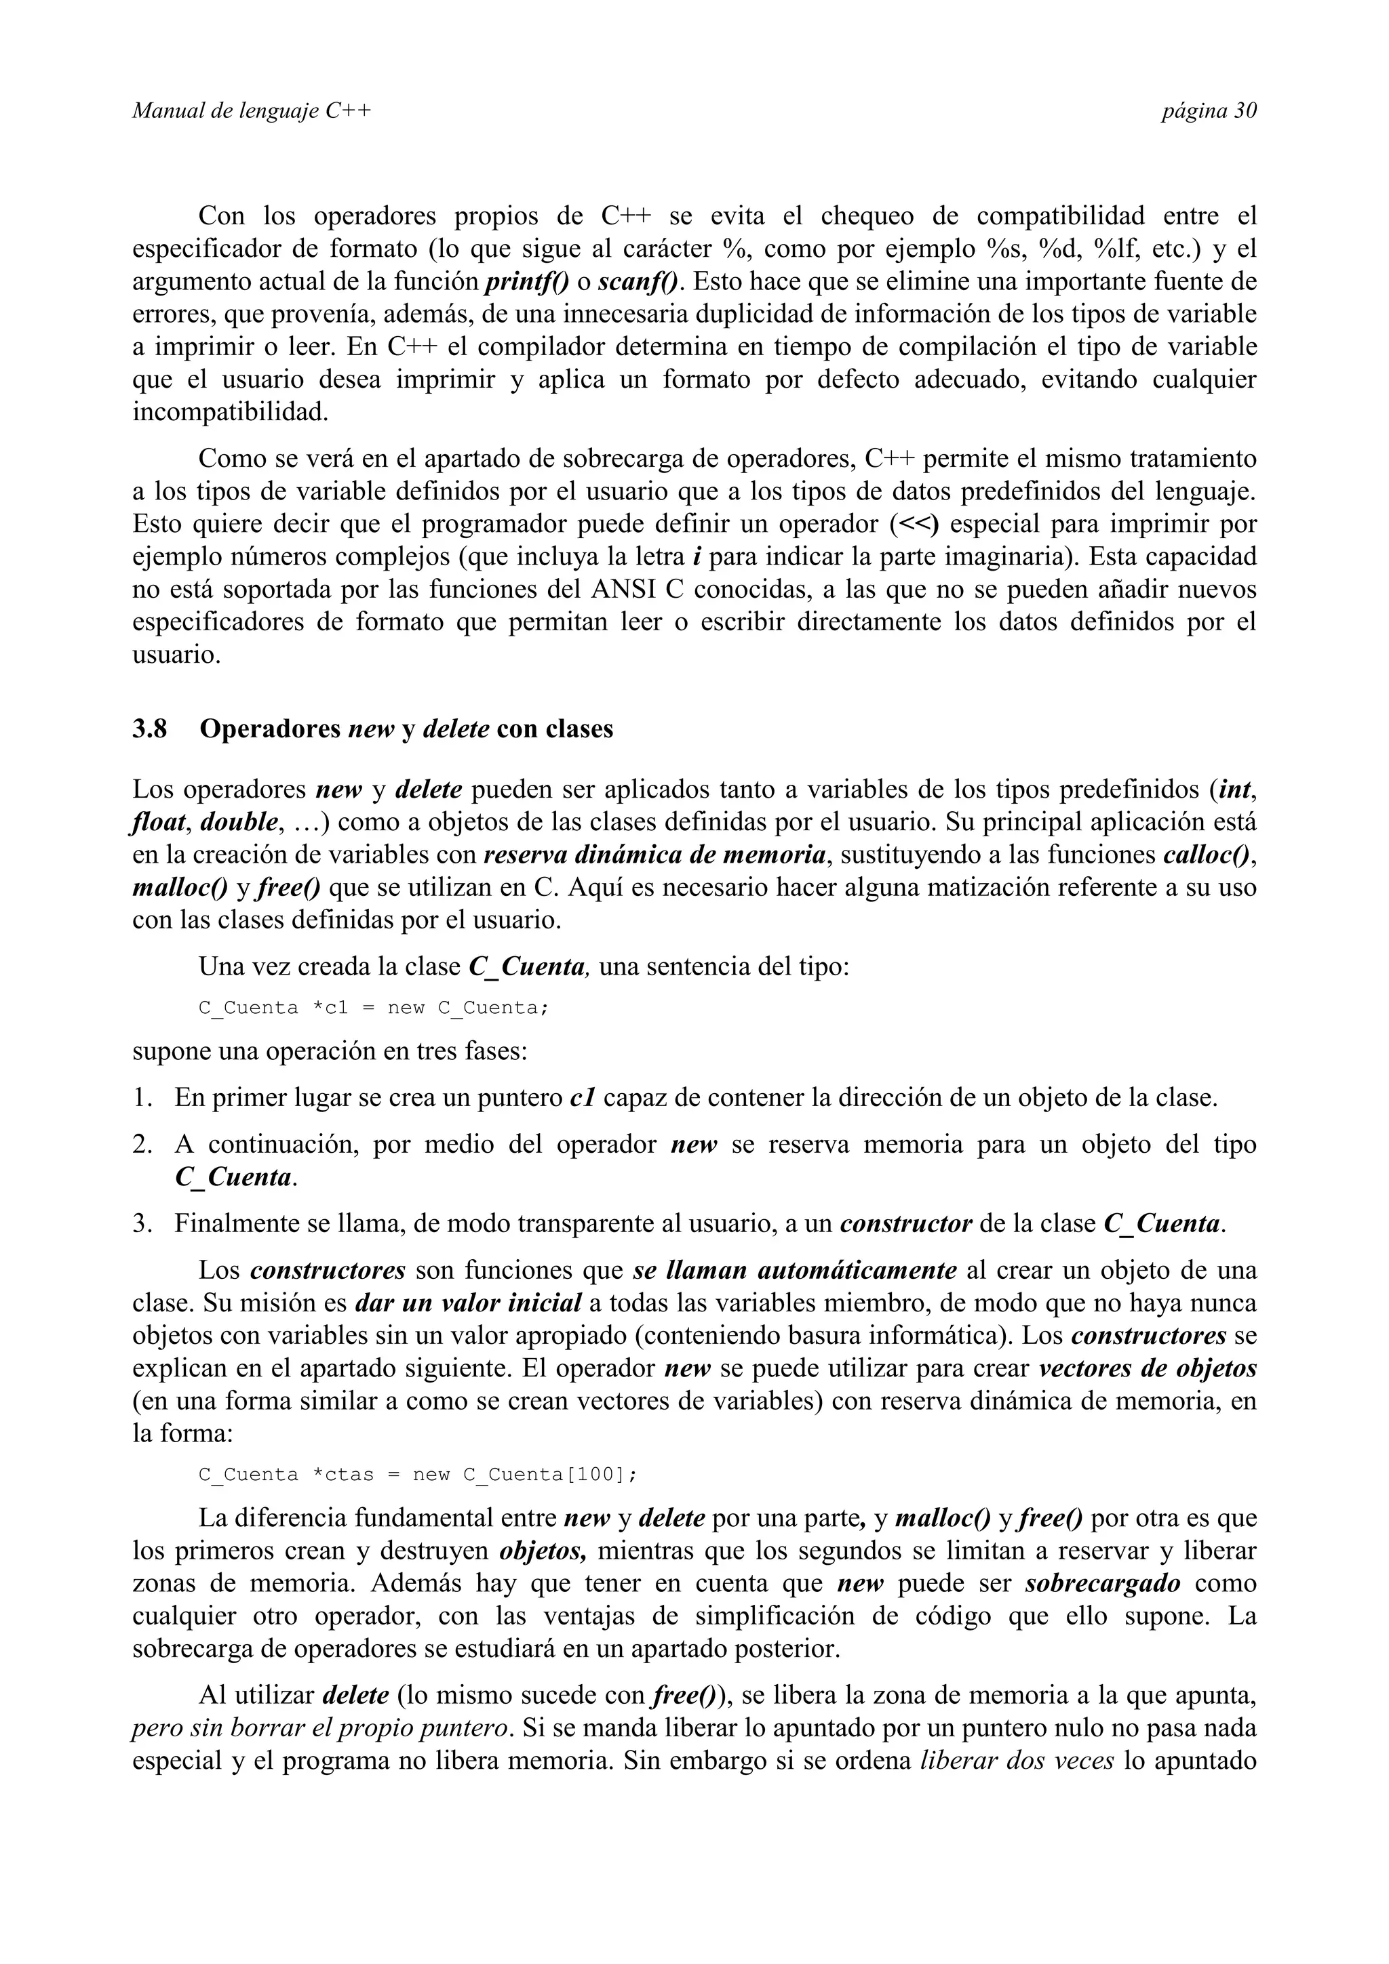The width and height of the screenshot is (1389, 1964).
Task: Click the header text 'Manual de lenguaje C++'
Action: coord(252,111)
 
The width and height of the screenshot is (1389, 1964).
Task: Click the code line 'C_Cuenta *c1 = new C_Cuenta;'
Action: coord(373,1008)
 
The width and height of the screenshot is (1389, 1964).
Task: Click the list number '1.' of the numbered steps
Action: coord(142,1097)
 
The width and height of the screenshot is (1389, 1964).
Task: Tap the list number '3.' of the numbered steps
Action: coord(142,1224)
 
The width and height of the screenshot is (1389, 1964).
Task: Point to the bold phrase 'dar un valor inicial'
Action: coord(468,1304)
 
